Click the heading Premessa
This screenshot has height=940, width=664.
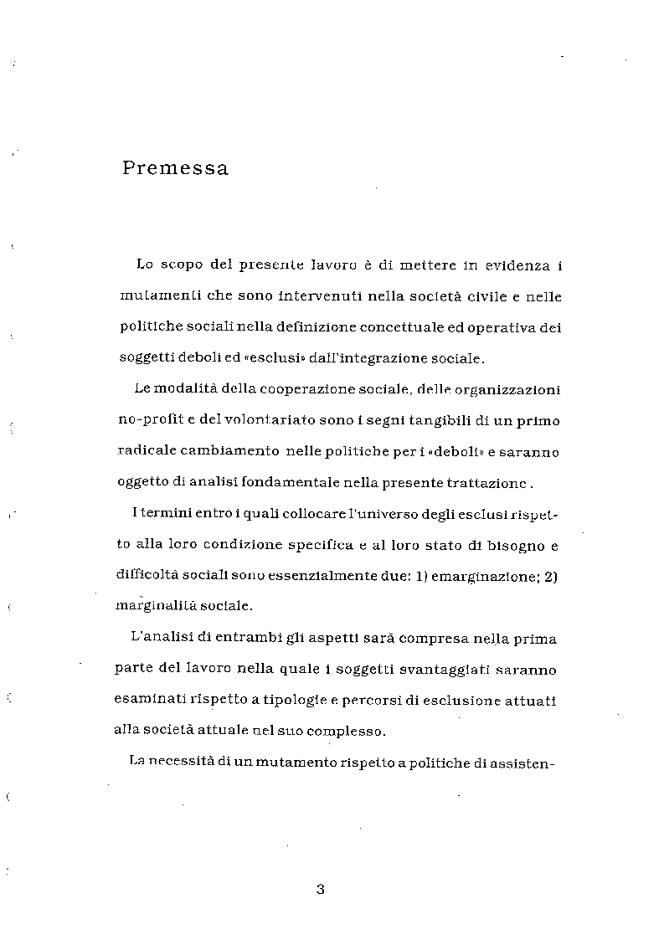175,168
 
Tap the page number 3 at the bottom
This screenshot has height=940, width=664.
320,889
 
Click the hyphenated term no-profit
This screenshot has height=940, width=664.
143,421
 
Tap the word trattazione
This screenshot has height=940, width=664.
491,484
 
